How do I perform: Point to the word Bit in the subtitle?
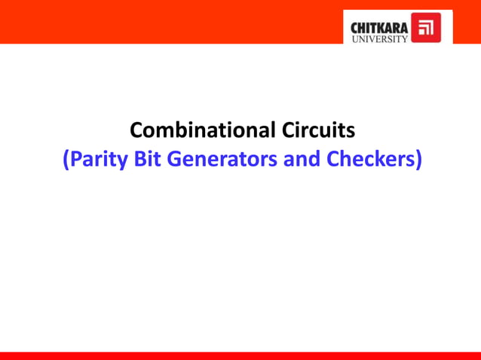(x=149, y=160)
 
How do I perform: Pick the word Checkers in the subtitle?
(x=368, y=160)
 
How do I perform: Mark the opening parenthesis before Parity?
(x=66, y=161)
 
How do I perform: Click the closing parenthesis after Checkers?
(x=416, y=161)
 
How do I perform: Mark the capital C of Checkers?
(x=331, y=160)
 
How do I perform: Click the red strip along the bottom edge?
(x=240, y=355)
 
